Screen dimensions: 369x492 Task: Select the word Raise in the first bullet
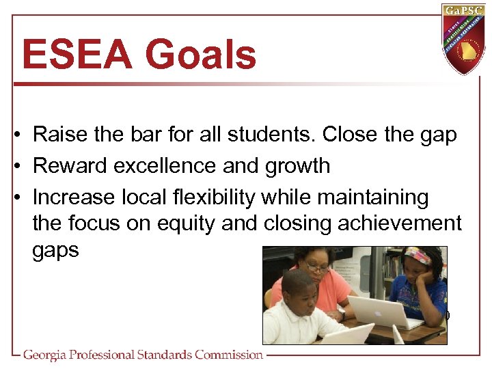58,135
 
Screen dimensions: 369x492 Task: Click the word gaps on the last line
55,250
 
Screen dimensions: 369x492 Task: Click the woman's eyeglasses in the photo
317,269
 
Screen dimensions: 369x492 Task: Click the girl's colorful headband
418,258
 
